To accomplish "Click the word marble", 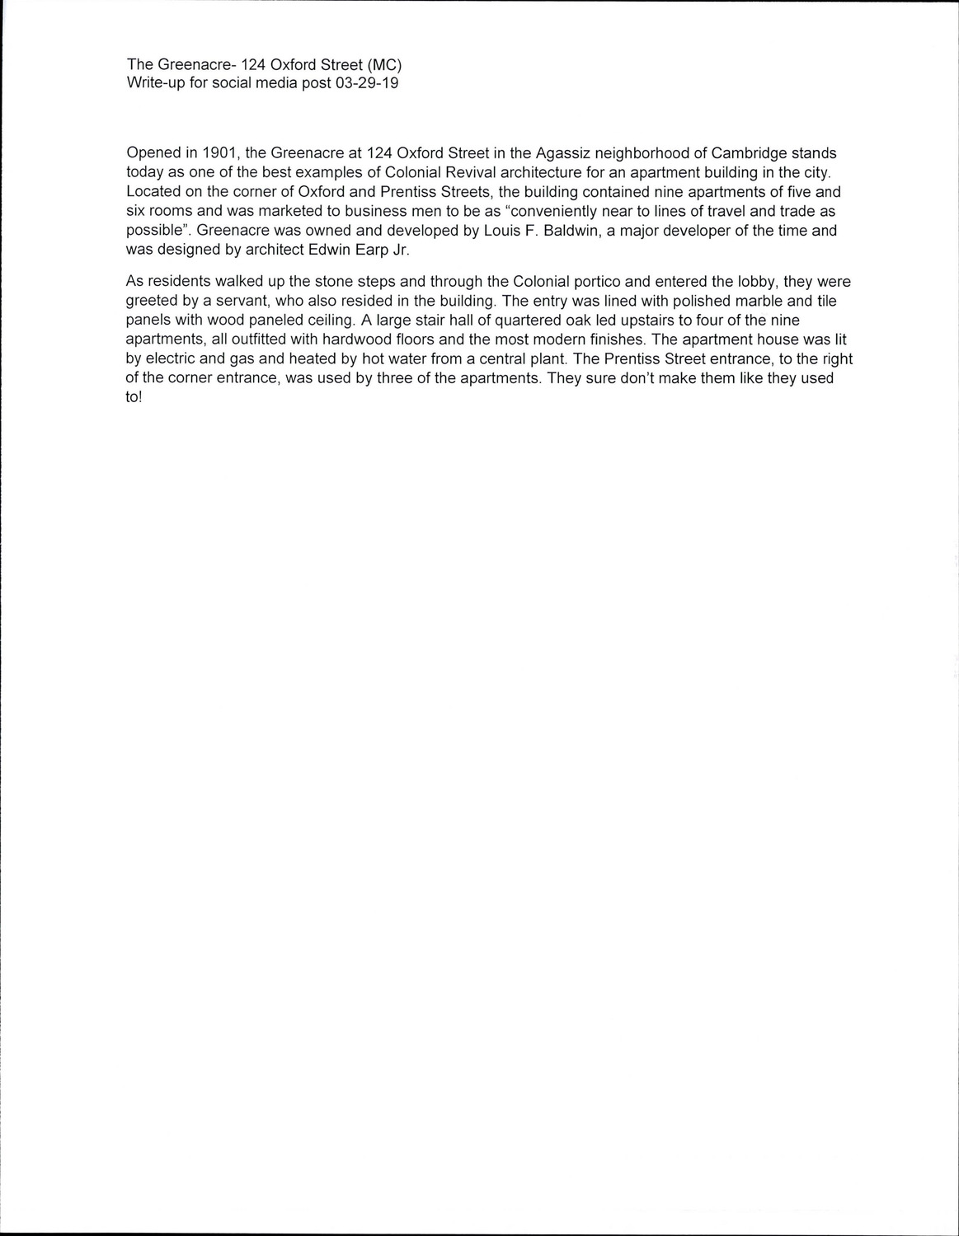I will coord(760,302).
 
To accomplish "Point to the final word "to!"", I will coord(134,397).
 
